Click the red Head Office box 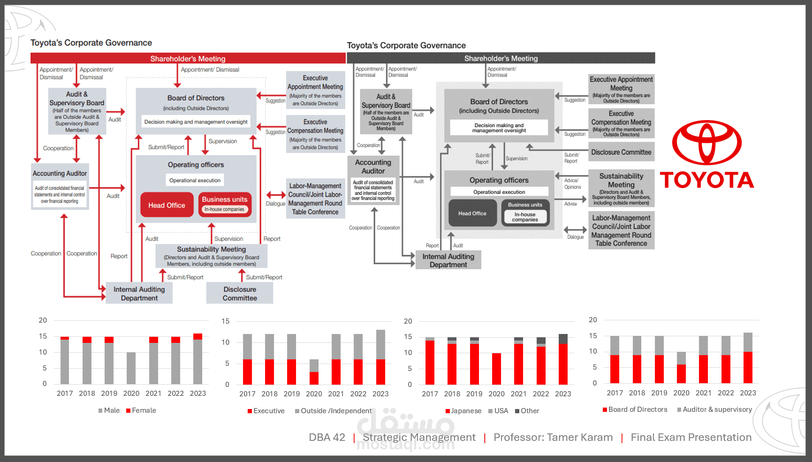(x=167, y=205)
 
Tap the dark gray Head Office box (x=472, y=213)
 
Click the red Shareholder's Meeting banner (x=188, y=58)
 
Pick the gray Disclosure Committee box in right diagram (x=621, y=152)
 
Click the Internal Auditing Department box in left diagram (x=139, y=294)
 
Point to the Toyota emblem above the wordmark (x=706, y=143)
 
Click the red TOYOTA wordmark (x=707, y=180)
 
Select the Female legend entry (x=141, y=410)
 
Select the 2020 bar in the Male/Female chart (x=131, y=368)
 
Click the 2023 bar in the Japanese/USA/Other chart (x=563, y=359)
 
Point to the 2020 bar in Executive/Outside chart (x=314, y=372)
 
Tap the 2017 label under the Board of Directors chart (x=615, y=393)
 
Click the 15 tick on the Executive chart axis (x=226, y=321)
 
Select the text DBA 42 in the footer (x=327, y=437)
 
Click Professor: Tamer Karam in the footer (x=553, y=437)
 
